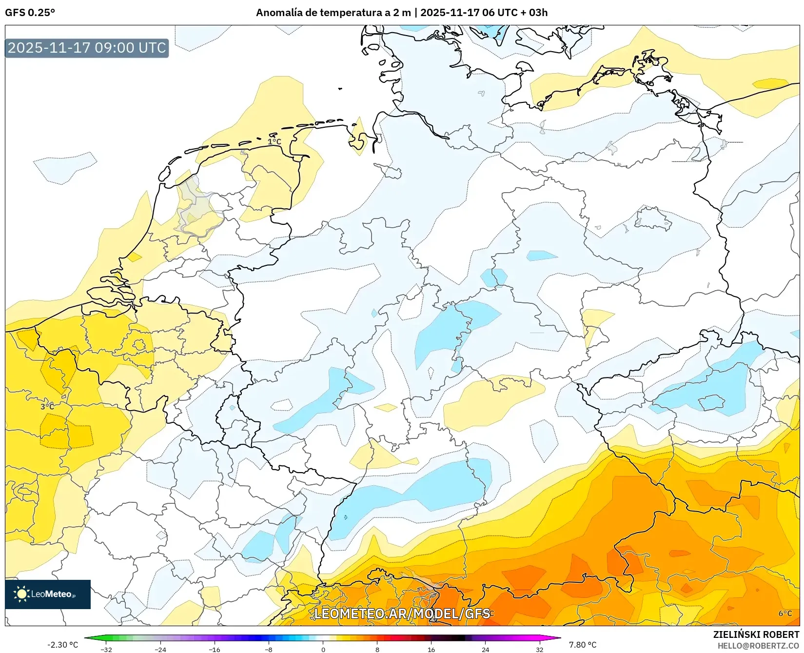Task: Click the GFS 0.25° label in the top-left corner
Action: [30, 13]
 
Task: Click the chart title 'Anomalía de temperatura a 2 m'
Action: [333, 13]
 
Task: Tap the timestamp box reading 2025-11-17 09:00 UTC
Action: [87, 48]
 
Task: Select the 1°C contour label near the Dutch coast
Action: [275, 142]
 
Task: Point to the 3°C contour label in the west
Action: [47, 406]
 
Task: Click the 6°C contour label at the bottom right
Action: [785, 613]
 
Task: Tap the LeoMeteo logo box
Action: [48, 594]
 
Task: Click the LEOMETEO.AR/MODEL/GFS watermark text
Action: [402, 613]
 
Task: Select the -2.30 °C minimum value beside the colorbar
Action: [62, 645]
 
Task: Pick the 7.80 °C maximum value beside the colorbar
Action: [583, 645]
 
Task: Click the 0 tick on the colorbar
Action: [323, 650]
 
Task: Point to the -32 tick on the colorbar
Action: [106, 650]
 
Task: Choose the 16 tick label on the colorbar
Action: [431, 650]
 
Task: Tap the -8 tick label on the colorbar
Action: [269, 650]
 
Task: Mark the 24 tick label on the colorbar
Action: [485, 650]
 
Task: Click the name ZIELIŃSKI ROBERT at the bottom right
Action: [756, 634]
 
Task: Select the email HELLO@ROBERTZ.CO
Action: [758, 646]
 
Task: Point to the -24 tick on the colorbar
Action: [160, 650]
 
